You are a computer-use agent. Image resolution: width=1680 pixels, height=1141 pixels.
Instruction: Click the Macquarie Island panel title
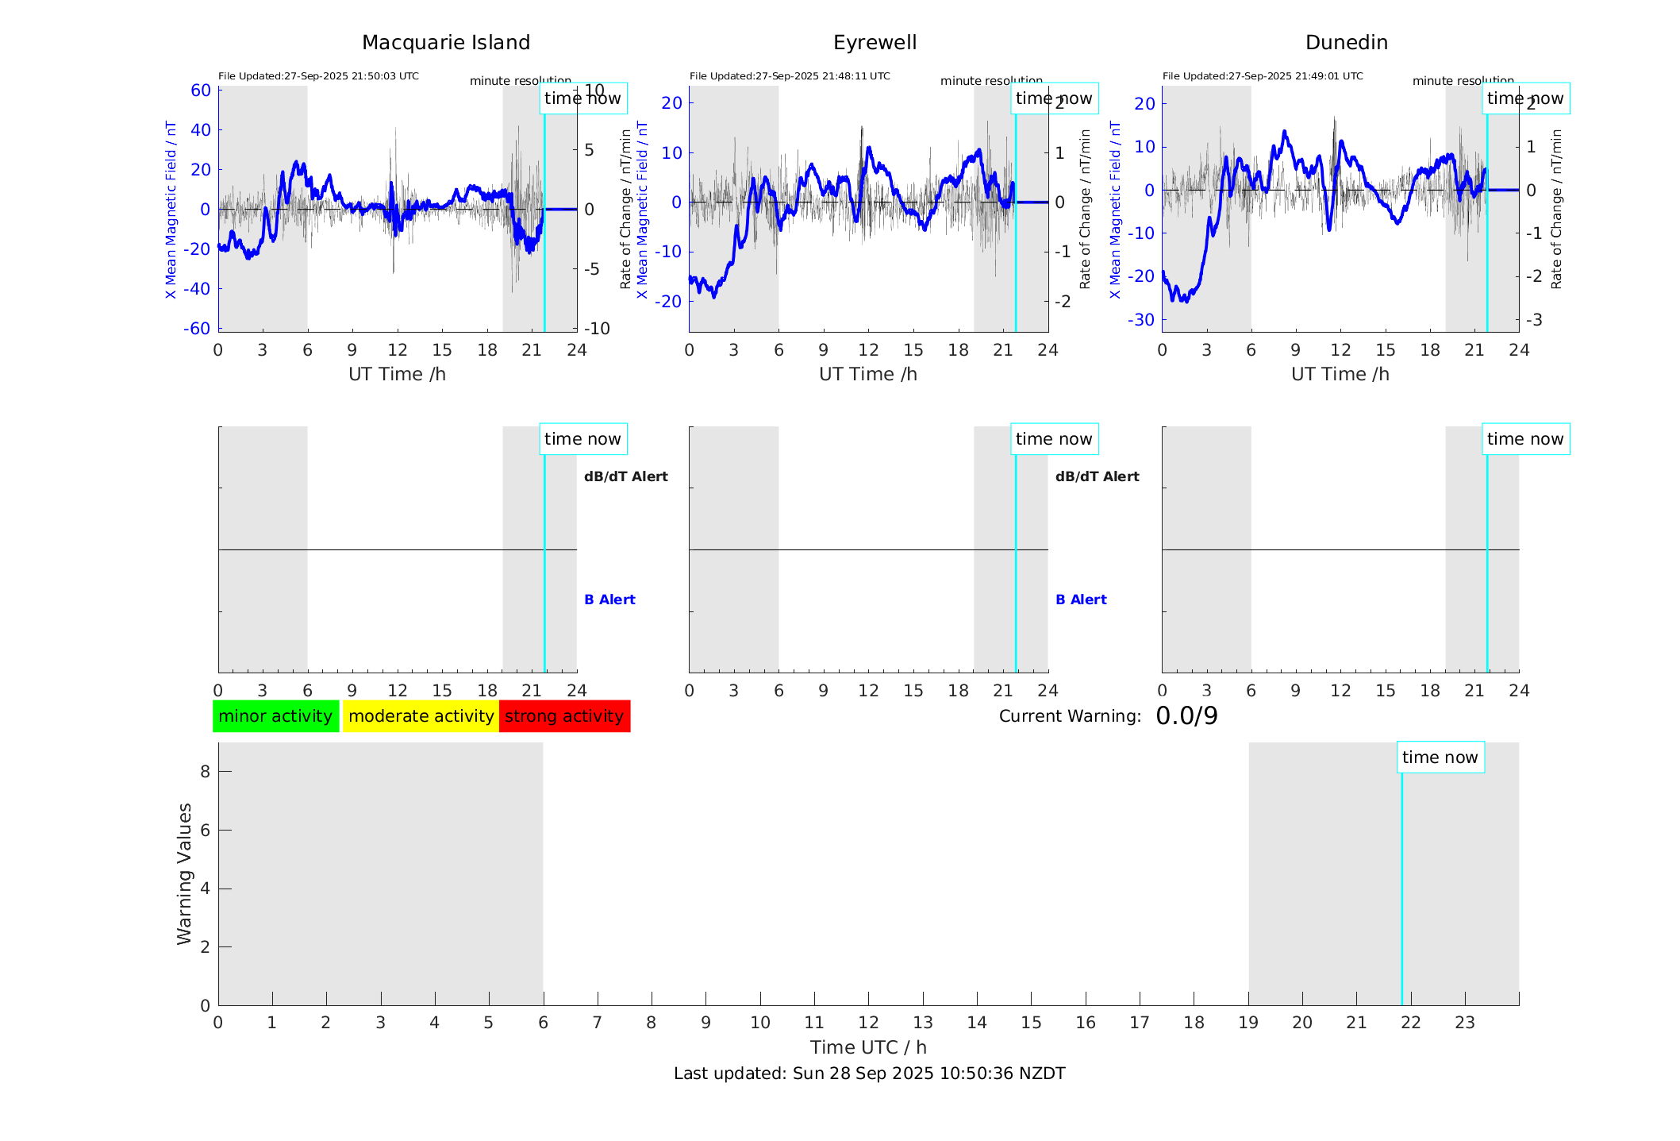pos(445,43)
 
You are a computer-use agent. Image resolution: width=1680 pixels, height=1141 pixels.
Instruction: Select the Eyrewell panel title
pos(875,43)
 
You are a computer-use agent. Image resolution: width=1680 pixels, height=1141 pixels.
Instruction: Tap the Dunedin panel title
pos(1346,43)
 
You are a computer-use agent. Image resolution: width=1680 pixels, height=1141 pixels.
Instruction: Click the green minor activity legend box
pos(275,716)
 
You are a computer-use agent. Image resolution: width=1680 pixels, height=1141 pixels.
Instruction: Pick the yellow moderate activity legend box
pos(421,716)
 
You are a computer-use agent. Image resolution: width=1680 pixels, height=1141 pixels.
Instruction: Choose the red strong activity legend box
pos(564,716)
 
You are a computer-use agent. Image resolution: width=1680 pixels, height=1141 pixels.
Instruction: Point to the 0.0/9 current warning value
pos(1186,716)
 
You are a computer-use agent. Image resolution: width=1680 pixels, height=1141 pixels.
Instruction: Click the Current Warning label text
pos(1070,716)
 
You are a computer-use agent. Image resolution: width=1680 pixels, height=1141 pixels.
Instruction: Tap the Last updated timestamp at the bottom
pos(869,1074)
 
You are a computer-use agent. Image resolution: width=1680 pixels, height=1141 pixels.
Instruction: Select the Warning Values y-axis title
pos(184,873)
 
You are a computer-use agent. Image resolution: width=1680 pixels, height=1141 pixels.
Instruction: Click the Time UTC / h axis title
pos(868,1047)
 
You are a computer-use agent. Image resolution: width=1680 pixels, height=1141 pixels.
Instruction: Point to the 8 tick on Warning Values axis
pos(205,771)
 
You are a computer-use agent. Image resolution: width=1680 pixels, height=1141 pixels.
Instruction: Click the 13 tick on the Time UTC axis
pos(923,1023)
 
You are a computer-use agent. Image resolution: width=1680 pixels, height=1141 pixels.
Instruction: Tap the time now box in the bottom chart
pos(1440,757)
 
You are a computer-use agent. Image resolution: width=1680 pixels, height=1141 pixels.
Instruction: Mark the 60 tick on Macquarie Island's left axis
pos(201,91)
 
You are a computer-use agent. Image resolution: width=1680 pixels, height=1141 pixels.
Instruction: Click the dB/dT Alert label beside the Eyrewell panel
pos(1097,476)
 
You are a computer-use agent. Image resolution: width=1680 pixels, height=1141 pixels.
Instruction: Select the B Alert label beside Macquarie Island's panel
pos(609,599)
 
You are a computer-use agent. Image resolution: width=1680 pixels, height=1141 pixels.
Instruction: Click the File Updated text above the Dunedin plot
pos(1262,76)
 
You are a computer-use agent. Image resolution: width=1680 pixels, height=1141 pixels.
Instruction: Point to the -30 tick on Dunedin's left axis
pos(1144,320)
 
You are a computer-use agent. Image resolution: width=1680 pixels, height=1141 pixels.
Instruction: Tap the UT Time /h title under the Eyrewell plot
pos(868,374)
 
